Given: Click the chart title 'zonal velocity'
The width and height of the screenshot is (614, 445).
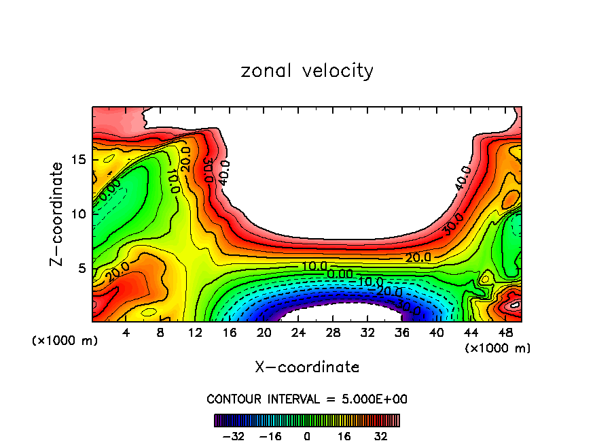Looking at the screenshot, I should coord(307,71).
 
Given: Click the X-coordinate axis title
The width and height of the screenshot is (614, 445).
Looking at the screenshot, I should coord(307,367).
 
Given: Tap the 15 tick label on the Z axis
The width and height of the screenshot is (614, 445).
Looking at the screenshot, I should coord(78,160).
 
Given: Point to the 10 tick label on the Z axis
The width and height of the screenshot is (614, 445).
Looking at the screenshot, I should coord(78,214).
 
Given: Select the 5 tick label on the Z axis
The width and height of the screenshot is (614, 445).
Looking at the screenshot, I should coord(82,268).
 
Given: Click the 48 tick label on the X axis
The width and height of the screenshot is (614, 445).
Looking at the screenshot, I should coord(505,333).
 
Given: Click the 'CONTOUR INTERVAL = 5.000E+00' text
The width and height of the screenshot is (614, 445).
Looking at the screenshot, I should coord(307,399).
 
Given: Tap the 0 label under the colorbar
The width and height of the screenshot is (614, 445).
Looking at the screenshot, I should coord(307,436).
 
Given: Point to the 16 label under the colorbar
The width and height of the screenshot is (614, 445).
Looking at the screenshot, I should coord(344,436).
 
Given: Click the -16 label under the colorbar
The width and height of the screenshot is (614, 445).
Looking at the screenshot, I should coord(270,436).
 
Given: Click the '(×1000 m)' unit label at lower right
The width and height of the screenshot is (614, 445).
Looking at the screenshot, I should coord(497,348).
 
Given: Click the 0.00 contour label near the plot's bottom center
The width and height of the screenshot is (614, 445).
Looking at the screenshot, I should coord(339,274).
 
